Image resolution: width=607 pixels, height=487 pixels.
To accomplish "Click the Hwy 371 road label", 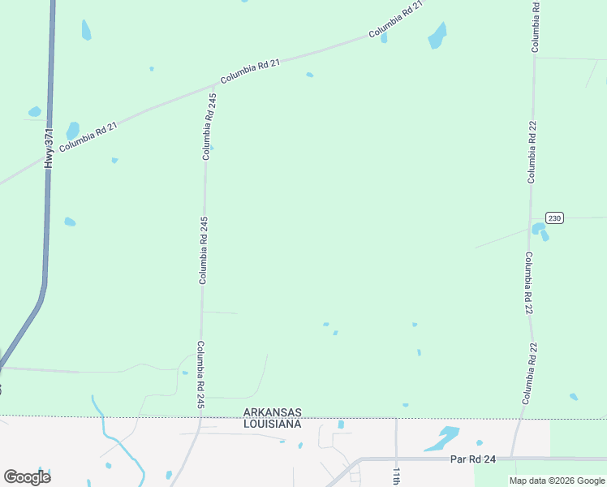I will (50, 148).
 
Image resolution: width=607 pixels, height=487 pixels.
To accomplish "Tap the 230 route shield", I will (553, 218).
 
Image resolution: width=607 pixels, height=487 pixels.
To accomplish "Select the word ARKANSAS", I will (273, 412).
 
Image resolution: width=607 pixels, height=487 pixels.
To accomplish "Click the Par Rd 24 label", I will (471, 459).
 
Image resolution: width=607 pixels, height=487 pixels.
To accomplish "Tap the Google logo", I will (27, 476).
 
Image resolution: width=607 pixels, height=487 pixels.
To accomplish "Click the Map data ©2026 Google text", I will (557, 481).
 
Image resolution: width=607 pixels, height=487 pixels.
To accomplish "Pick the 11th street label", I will (397, 476).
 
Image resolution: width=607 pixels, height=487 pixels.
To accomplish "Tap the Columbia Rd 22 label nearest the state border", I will (529, 374).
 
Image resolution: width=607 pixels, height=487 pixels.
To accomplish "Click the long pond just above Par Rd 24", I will (441, 438).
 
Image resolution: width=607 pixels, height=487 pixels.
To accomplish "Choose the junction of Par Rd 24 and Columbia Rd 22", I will (513, 458).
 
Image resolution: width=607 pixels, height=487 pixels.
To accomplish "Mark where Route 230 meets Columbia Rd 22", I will (532, 218).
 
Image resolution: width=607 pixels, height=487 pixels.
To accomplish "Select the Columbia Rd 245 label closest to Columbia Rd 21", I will (209, 126).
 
